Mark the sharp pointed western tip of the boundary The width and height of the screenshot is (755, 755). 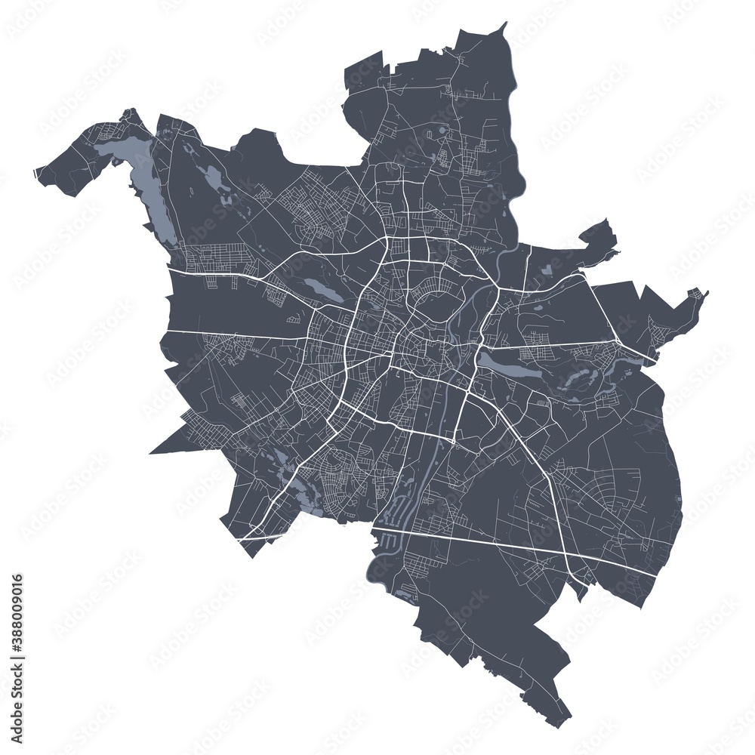[152, 452]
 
